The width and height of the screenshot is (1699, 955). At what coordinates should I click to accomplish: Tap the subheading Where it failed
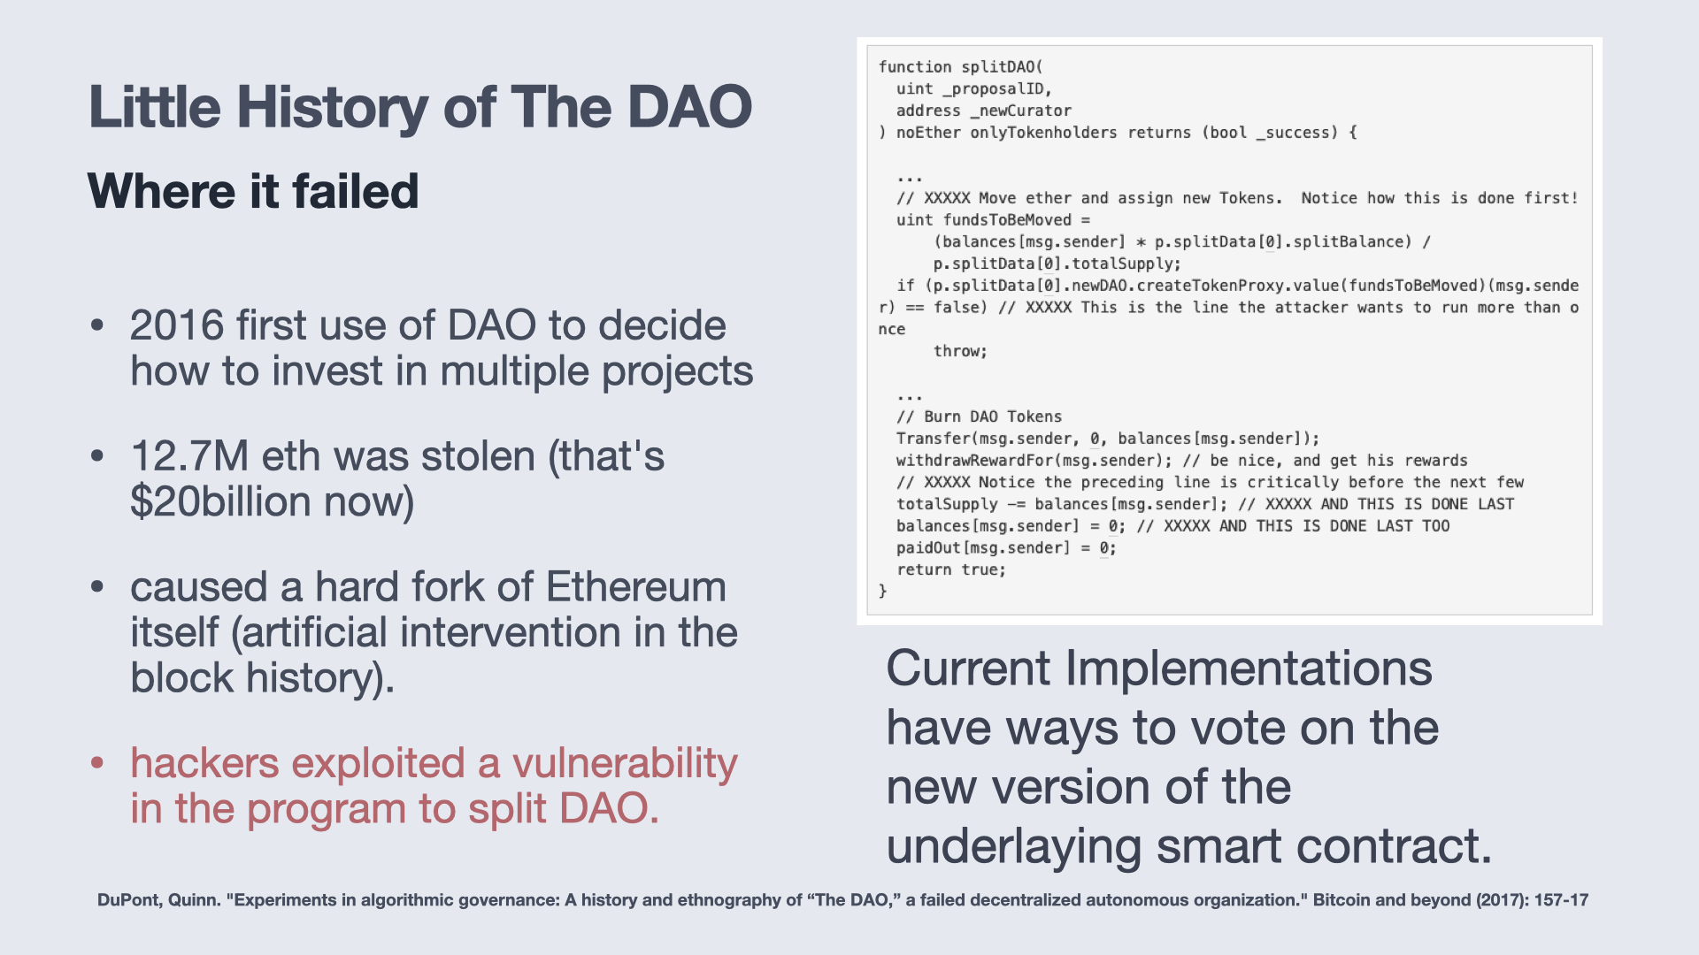click(x=253, y=191)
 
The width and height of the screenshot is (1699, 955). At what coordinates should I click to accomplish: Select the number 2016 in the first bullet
click(x=177, y=325)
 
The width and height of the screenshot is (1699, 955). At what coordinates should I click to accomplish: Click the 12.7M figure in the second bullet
click(x=189, y=456)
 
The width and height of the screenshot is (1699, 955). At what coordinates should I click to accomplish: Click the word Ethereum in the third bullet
click(x=636, y=587)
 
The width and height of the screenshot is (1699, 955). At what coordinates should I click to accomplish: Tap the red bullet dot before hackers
click(x=97, y=762)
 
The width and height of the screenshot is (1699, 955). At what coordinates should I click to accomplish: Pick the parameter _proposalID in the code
click(x=992, y=89)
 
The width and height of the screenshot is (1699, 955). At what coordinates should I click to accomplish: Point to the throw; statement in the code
click(x=960, y=351)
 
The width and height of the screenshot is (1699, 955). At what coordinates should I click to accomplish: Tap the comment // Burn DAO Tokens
click(x=979, y=416)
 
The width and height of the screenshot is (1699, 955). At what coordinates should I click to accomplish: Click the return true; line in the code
click(x=951, y=570)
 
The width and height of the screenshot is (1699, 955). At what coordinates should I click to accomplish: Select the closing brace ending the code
click(x=882, y=592)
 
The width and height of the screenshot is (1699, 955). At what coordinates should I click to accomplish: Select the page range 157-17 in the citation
click(x=1561, y=900)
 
